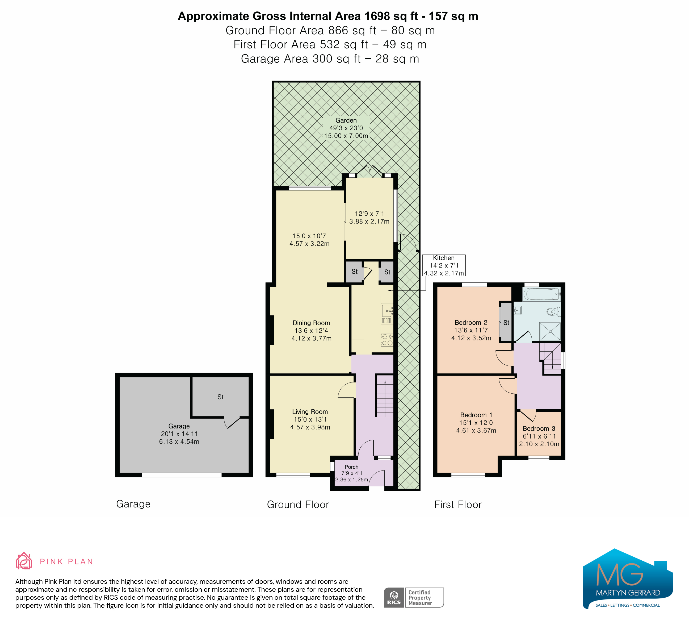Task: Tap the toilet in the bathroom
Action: (x=554, y=311)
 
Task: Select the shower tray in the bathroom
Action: (x=550, y=331)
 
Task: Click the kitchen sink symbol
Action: (x=387, y=310)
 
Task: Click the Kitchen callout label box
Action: (x=444, y=265)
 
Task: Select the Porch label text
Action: (x=351, y=467)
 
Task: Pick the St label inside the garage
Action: (x=220, y=397)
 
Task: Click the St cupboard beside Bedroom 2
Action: (x=506, y=322)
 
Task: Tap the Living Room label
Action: (x=310, y=412)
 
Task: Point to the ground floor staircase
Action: (x=385, y=395)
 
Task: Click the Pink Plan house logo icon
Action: (x=24, y=561)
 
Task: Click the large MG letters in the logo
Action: (x=619, y=574)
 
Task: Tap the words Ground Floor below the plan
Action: (x=298, y=504)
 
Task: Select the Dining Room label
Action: (x=311, y=323)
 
